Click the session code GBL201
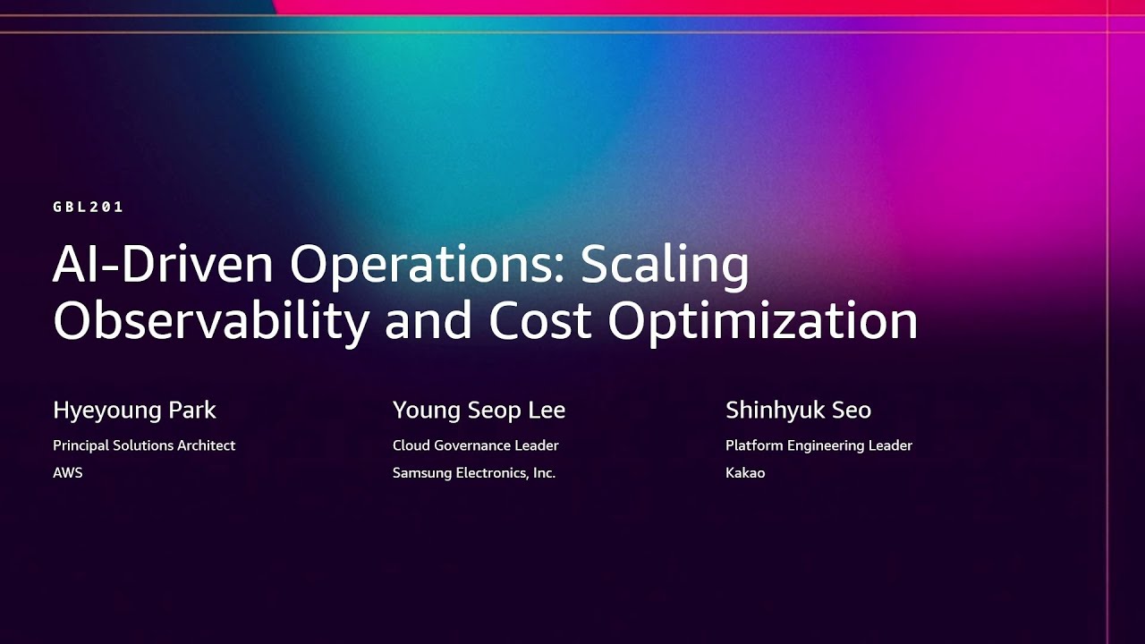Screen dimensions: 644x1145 tap(88, 207)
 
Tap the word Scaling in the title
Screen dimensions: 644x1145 tap(665, 266)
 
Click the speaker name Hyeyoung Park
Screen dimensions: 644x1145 tap(134, 411)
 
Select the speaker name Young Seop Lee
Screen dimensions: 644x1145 tap(479, 411)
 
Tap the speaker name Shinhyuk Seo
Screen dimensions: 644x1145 tap(798, 411)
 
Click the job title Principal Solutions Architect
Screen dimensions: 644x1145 tap(144, 445)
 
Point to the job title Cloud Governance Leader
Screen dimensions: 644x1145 tap(475, 445)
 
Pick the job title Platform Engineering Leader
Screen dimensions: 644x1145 tap(818, 445)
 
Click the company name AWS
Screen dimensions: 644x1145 tap(67, 472)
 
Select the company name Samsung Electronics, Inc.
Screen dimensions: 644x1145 tap(474, 472)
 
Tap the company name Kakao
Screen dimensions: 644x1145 tap(745, 472)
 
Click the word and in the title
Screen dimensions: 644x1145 tap(428, 321)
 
